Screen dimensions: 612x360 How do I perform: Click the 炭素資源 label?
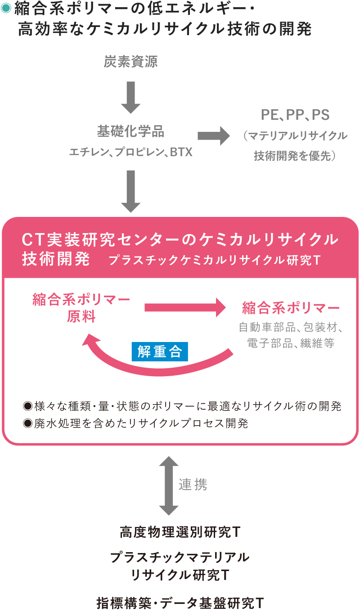pos(130,62)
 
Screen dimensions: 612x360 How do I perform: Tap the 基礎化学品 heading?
pos(130,132)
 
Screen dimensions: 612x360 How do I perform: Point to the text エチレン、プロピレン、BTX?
pos(130,152)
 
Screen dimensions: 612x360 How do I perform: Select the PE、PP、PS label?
pos(295,115)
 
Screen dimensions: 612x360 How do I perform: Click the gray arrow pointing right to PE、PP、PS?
pos(213,135)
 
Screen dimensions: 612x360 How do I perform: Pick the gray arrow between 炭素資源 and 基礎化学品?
pos(131,97)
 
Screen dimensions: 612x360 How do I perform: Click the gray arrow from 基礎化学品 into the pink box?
pos(131,191)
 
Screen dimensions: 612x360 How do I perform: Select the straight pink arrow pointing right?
pos(185,308)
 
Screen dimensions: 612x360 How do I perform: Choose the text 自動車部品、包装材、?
pos(291,327)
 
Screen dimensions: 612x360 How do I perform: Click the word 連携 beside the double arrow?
pos(193,484)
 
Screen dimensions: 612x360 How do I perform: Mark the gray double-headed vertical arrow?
pos(169,486)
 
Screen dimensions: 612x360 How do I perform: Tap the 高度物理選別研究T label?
pos(180,533)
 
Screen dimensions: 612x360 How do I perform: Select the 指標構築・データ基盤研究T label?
pos(180,603)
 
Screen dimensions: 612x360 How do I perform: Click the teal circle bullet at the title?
pos(6,9)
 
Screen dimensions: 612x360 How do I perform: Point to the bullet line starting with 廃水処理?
pos(135,423)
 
